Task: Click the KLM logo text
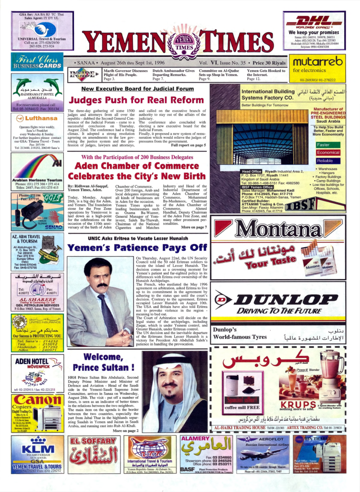click(x=37, y=450)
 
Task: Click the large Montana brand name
click(x=283, y=230)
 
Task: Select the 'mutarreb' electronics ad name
click(x=318, y=61)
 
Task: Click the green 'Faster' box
click(x=324, y=145)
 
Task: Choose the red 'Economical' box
click(x=328, y=153)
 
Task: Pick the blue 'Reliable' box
click(x=325, y=161)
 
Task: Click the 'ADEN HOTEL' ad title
click(x=30, y=361)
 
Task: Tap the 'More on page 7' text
click(x=193, y=227)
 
